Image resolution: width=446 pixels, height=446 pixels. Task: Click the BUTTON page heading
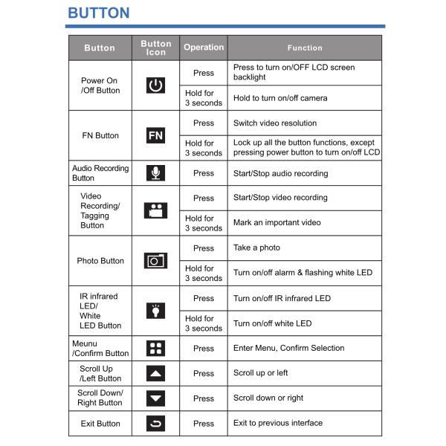[98, 13]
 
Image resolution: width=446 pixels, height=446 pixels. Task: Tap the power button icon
[155, 85]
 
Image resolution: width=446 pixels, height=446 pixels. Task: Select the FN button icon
[155, 135]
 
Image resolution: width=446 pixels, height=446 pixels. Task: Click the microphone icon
[155, 173]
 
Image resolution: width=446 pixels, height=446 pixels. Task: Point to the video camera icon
[155, 210]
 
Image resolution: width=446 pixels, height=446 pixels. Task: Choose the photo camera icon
[155, 261]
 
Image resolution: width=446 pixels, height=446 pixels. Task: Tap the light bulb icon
[155, 311]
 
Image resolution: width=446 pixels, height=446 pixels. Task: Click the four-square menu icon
[155, 348]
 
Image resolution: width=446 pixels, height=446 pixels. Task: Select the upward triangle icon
[155, 373]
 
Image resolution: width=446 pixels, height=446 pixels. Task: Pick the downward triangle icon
[155, 398]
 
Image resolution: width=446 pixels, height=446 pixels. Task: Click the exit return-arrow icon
[155, 424]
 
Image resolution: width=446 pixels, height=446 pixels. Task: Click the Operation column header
[204, 48]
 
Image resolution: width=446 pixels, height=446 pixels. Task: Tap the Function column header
[305, 48]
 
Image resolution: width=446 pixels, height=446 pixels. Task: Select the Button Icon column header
[155, 48]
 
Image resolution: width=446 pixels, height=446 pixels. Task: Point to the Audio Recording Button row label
[100, 173]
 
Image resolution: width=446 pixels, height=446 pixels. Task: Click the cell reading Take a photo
[256, 248]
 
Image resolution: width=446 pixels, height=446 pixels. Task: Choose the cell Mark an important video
[277, 223]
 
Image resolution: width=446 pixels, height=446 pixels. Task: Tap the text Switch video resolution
[274, 123]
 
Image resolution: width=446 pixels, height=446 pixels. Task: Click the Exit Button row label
[100, 424]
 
